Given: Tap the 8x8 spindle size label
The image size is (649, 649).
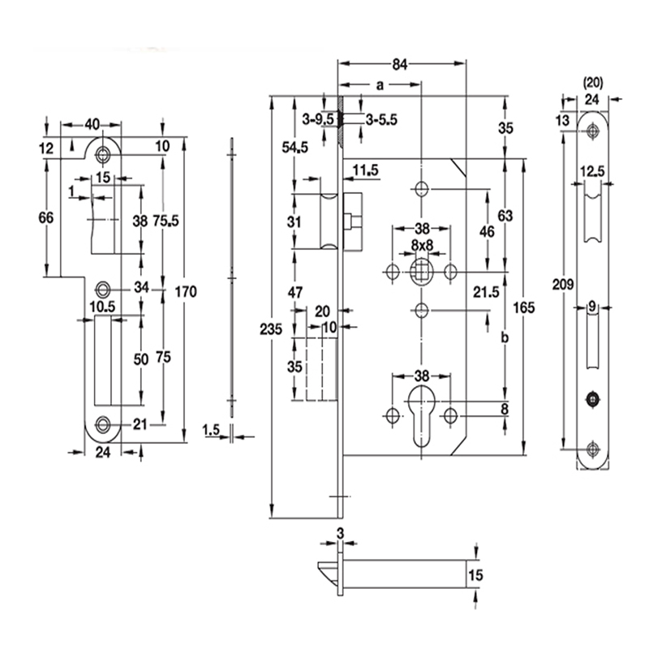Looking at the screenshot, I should pyautogui.click(x=421, y=245).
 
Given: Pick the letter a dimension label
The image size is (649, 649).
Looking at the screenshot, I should pyautogui.click(x=380, y=84).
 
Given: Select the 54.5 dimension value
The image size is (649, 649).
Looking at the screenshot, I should pyautogui.click(x=294, y=147).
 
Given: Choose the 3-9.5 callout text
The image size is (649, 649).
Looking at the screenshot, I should pyautogui.click(x=318, y=120).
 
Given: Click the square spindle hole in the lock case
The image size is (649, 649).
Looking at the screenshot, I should pyautogui.click(x=420, y=270).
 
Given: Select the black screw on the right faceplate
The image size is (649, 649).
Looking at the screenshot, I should pyautogui.click(x=592, y=398).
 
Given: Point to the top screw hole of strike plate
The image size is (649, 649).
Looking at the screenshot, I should pyautogui.click(x=103, y=154).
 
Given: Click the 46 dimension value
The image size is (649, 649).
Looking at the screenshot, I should pyautogui.click(x=487, y=232).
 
